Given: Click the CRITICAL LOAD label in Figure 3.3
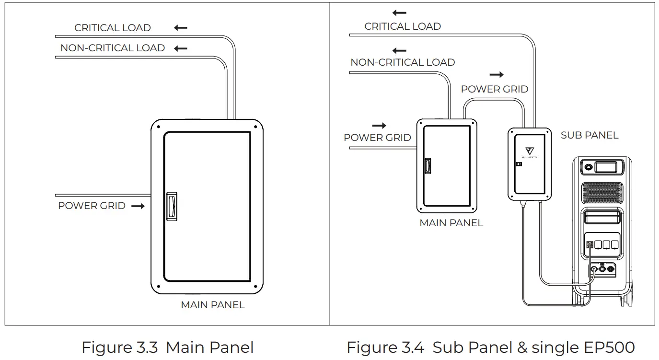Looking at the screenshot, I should point(112,28).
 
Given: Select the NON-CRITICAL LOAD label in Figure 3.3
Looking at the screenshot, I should point(112,48).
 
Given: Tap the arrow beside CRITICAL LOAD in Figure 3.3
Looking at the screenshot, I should point(181,28).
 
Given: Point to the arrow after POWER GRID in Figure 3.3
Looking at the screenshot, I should point(138,206).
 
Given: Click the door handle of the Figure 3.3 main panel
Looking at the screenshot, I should point(172,206).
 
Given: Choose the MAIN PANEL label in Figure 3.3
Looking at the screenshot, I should point(212,305).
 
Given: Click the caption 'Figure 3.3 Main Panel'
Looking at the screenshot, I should point(167,347).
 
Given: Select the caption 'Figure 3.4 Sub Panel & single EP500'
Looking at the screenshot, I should point(490,347).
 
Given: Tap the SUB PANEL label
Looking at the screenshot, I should point(589,135).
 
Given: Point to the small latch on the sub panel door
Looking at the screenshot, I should point(518,164).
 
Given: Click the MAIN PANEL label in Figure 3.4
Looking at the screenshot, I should point(451,223).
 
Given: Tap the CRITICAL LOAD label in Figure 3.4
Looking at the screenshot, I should point(402,26).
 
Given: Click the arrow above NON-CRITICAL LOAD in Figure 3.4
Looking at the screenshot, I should point(399,50).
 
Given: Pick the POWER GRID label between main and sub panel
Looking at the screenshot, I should point(494,89).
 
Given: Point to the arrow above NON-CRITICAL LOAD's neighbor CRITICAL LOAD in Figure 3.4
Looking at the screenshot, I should point(399,13).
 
